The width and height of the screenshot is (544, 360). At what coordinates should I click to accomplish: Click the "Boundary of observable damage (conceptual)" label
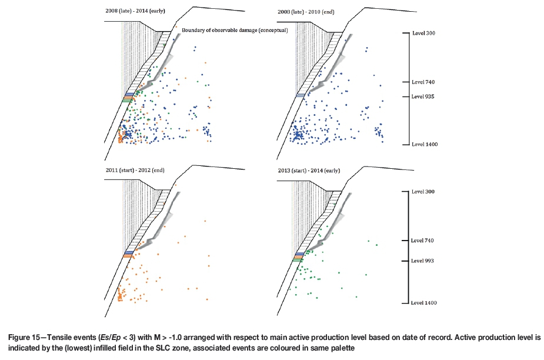coord(235,31)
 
